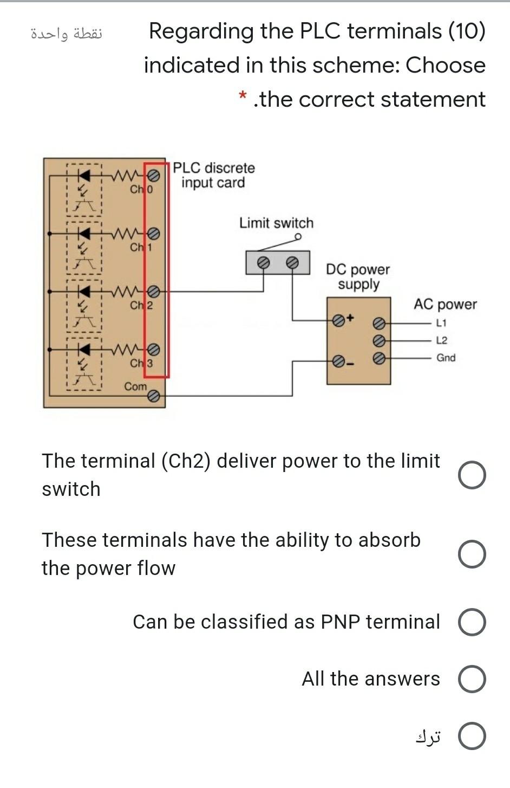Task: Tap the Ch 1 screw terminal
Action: tap(154, 234)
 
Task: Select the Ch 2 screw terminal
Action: tap(154, 292)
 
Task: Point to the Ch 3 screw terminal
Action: tap(154, 349)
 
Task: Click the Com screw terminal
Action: tap(154, 397)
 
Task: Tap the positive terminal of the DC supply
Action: tap(338, 320)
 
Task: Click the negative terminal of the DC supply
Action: tap(338, 360)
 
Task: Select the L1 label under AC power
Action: tap(441, 323)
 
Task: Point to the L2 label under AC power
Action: tap(441, 340)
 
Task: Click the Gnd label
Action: tap(446, 358)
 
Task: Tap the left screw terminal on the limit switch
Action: tap(263, 262)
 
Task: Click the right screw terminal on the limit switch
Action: tap(292, 262)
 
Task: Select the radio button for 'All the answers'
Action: tap(472, 679)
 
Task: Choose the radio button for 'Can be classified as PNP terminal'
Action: tap(472, 622)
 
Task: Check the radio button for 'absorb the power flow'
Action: tap(472, 554)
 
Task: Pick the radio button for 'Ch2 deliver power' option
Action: tap(472, 475)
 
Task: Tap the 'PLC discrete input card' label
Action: tap(214, 175)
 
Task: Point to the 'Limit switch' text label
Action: tap(276, 223)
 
